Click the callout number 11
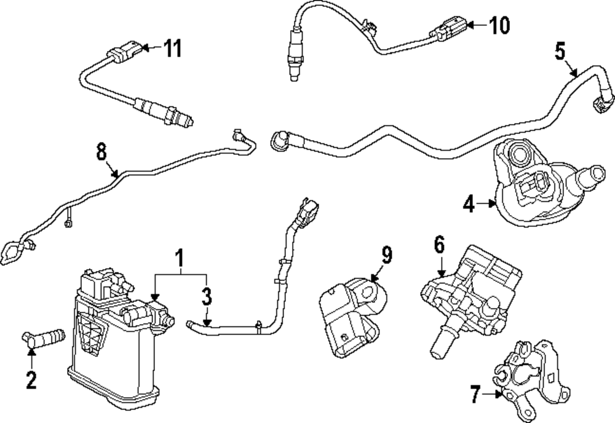click(172, 48)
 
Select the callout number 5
click(560, 51)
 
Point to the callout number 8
click(101, 151)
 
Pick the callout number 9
click(386, 255)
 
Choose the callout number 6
click(438, 245)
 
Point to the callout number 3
click(207, 297)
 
